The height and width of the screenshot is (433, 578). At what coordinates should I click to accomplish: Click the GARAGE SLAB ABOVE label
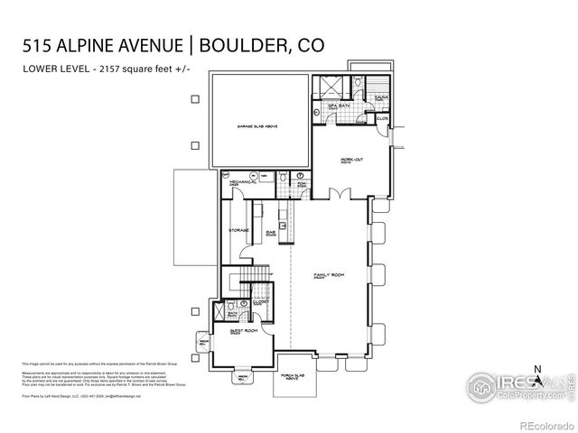pyautogui.click(x=257, y=127)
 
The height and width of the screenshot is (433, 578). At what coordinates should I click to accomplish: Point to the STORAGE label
pyautogui.click(x=238, y=231)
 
